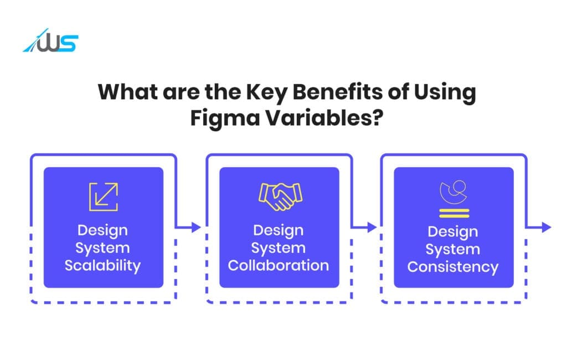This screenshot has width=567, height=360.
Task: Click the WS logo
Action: tap(51, 43)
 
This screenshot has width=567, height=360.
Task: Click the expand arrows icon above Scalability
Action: tap(104, 197)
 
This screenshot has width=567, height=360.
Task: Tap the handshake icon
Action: tap(280, 196)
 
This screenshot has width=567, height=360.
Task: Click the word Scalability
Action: tap(103, 265)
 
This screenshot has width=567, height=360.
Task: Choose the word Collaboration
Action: tap(279, 265)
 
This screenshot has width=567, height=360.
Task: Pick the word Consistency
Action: tap(453, 267)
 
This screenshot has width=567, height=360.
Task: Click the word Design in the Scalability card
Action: tap(103, 230)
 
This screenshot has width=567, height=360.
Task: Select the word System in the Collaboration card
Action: tap(279, 248)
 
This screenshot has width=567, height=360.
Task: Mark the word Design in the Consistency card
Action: tap(453, 231)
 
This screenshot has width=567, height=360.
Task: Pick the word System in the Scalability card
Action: tap(103, 248)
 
